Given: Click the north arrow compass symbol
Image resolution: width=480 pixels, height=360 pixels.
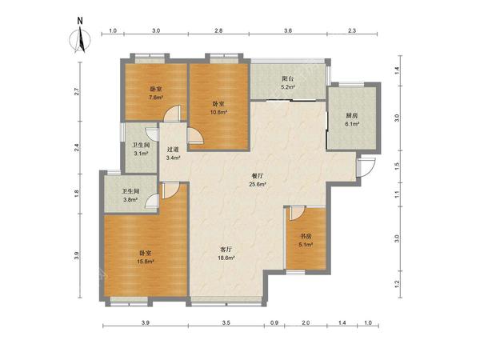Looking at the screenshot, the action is point(80,39).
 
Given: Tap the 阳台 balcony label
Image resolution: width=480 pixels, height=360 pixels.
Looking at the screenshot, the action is point(288,78).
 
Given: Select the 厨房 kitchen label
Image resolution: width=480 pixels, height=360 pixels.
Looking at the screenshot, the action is point(352,116).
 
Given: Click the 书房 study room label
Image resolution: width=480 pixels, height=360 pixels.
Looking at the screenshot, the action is point(306,236).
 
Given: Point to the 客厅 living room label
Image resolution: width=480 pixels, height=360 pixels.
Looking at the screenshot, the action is point(226,250).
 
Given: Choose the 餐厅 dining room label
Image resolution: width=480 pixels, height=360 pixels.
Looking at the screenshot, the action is point(258,176).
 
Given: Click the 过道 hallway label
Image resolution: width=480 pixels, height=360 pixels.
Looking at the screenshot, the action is point(173,150).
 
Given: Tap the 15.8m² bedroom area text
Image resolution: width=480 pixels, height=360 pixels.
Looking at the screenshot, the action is point(146,262).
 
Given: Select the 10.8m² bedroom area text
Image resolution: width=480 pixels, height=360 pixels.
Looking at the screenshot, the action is point(218,112).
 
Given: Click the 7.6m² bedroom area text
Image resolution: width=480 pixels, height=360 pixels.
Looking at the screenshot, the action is point(155,98).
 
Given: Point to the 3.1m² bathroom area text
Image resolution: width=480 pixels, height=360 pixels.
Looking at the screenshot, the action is point(141,153).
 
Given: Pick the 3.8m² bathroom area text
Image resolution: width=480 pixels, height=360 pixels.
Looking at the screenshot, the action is point(130,199).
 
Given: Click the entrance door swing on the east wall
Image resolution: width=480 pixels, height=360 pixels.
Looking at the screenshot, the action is point(366,167).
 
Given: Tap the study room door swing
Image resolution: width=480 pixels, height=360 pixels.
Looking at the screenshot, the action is point(298,213).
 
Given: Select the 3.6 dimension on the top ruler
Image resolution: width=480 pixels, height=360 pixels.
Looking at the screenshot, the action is point(288,30).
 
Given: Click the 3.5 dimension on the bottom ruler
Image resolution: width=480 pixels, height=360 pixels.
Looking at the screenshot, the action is point(226,322).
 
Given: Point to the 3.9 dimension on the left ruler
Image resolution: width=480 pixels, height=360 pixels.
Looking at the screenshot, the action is point(77,255).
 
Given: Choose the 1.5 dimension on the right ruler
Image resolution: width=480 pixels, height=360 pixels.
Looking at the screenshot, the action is point(397,166).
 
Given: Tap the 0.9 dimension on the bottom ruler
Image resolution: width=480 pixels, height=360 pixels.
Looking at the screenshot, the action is point(274,322).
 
